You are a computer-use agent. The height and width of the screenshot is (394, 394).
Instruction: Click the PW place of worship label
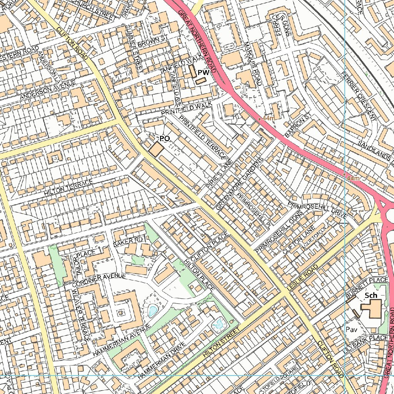coord(203,72)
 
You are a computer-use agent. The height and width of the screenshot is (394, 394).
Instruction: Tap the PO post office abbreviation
coord(164,138)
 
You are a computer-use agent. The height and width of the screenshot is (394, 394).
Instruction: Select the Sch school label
coord(371,295)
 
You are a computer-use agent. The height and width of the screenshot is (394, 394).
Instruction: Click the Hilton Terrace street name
coord(68,187)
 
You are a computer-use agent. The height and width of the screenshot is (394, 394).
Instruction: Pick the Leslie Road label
coord(302,277)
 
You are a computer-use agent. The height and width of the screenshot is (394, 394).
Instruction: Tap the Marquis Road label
coord(252,63)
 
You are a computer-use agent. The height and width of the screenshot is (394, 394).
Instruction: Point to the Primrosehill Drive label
coord(318,209)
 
